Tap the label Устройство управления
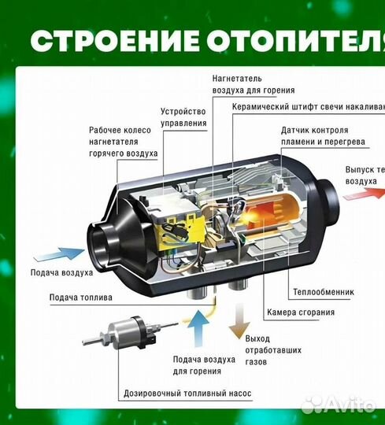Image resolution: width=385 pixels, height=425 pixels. point(183,117)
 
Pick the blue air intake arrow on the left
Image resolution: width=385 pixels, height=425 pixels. point(59,256)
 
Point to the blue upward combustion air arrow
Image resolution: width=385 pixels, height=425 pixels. point(196,323)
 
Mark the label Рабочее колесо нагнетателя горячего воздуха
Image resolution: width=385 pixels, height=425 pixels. point(123,143)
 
